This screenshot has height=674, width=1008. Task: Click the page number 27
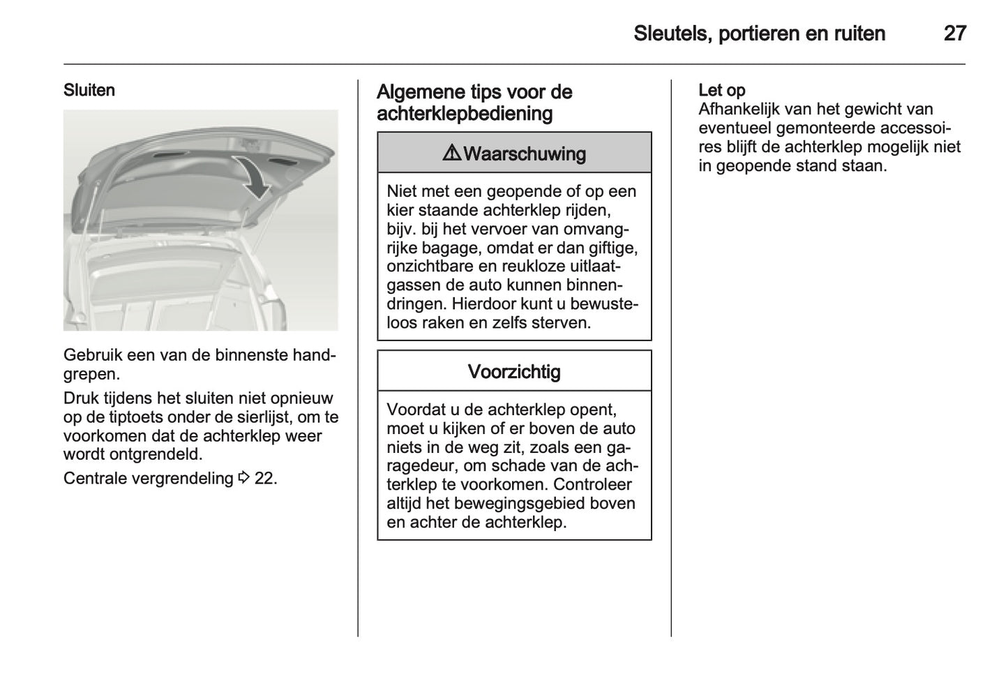coord(954,33)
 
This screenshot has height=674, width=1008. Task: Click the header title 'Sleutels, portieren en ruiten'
coord(759,33)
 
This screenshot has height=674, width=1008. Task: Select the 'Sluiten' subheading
coord(89,91)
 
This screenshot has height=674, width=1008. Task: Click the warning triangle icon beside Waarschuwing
coord(451,153)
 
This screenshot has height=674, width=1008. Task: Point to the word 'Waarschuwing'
coord(525,154)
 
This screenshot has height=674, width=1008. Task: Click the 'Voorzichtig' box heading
coord(514,372)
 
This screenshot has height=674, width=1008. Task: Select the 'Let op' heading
coord(721,91)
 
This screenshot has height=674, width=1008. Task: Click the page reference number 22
coord(264,479)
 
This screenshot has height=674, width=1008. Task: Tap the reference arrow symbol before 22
coord(243,479)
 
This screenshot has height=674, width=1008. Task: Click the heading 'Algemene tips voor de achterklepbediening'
coord(474,103)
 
